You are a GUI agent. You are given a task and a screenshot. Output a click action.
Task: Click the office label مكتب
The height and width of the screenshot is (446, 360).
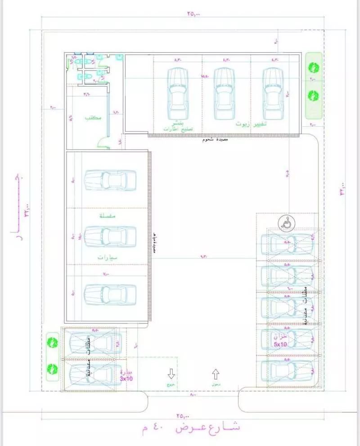pos(93,118)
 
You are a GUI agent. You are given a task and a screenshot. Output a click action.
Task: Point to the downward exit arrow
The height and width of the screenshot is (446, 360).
pos(171,373)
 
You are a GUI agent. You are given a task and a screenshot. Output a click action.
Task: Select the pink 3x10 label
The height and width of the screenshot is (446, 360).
pos(126,379)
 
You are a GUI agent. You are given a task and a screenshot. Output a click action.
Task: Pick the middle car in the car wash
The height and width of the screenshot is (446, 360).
pos(110,236)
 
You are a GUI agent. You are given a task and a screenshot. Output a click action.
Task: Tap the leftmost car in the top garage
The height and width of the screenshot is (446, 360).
pos(177,92)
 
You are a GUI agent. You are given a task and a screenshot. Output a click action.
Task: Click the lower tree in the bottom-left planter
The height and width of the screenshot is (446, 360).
pos(53,369)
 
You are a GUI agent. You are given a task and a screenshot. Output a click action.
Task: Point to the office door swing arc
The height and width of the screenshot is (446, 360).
pos(102,143)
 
